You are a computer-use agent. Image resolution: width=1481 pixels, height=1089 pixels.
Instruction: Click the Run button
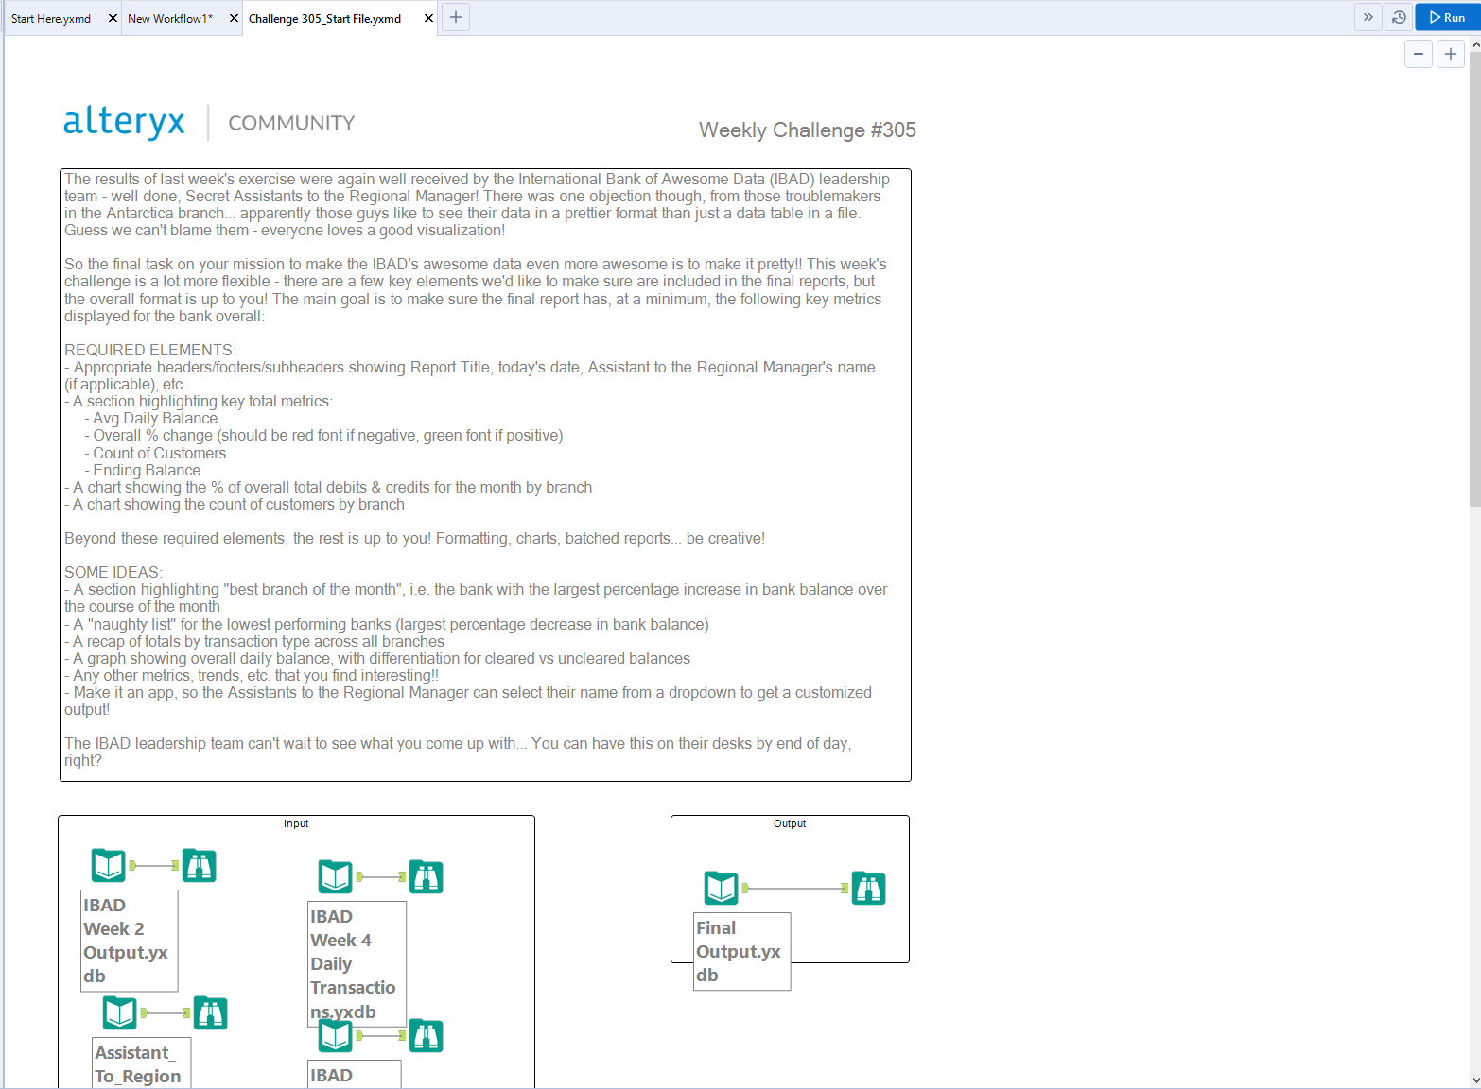(x=1447, y=17)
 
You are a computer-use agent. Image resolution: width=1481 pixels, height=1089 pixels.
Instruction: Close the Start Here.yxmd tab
(x=113, y=18)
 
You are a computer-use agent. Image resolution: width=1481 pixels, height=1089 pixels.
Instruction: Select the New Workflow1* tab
(x=171, y=18)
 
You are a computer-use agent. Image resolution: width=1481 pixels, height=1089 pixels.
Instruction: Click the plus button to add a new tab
(x=456, y=17)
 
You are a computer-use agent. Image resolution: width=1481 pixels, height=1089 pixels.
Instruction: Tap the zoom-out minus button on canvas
(x=1418, y=54)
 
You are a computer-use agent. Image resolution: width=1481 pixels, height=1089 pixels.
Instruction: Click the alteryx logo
(x=124, y=122)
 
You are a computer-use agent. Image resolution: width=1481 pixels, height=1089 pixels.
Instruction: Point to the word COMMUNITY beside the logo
(x=291, y=123)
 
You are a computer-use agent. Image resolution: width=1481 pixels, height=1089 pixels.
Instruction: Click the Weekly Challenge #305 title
(x=807, y=130)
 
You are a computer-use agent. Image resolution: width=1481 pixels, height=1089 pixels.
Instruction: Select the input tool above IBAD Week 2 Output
(x=109, y=865)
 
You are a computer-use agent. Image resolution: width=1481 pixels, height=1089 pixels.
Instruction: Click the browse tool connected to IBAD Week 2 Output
(x=200, y=865)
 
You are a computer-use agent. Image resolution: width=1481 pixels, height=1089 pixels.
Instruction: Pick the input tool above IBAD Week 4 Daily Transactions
(x=336, y=876)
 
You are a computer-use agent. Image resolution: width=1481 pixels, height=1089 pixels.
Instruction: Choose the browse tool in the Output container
(x=868, y=888)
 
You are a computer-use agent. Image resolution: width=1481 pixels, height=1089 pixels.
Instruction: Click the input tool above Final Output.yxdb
(x=722, y=888)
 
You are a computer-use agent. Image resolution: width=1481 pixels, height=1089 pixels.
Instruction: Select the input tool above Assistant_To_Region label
(x=120, y=1012)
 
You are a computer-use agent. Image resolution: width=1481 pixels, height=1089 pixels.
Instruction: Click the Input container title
(x=296, y=823)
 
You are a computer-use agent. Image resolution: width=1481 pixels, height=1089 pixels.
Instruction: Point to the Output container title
(x=790, y=823)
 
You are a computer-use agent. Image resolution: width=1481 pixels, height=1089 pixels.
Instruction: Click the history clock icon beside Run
(x=1399, y=17)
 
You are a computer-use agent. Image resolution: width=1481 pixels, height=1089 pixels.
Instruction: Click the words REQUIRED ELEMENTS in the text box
(x=149, y=350)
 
